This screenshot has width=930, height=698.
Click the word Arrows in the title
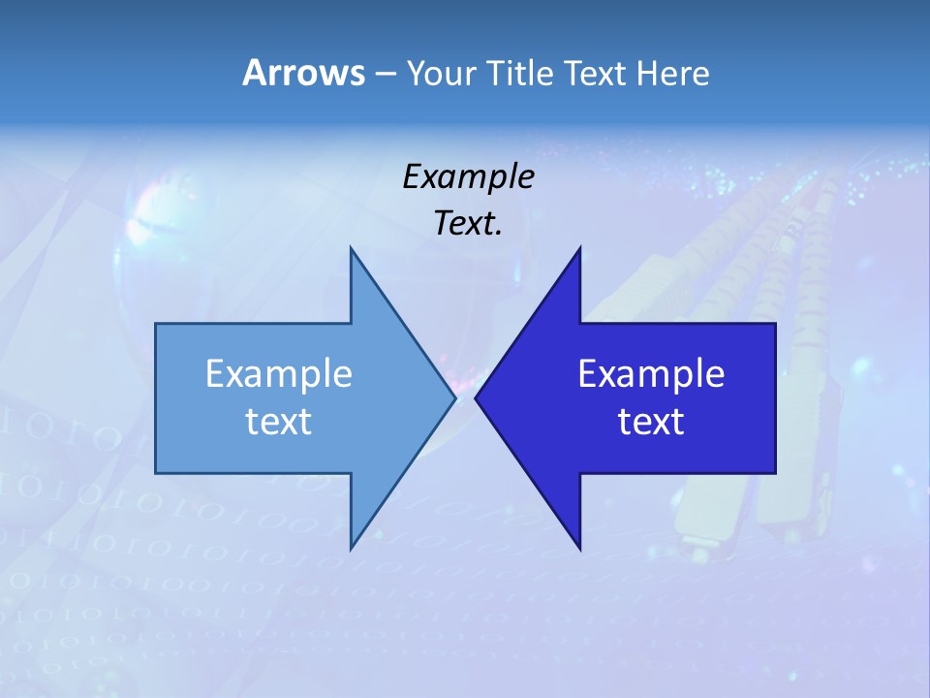pos(303,73)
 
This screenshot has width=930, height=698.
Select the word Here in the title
pos(672,73)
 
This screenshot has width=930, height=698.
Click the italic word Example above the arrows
pos(468,176)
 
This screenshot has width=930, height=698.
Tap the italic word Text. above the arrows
pos(468,223)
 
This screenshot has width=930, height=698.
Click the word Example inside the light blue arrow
pos(279,373)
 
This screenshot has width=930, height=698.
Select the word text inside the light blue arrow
pos(279,421)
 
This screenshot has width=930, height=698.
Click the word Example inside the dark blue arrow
pos(651,373)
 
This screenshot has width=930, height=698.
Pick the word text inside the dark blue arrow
pos(651,421)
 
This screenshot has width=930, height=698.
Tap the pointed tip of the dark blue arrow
pos(477,397)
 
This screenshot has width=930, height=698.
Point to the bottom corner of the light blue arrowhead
pos(351,548)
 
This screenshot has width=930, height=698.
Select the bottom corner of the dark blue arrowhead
pos(579,548)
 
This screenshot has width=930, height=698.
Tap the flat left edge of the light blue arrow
pos(156,397)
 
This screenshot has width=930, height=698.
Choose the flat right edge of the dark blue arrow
pos(775,397)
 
